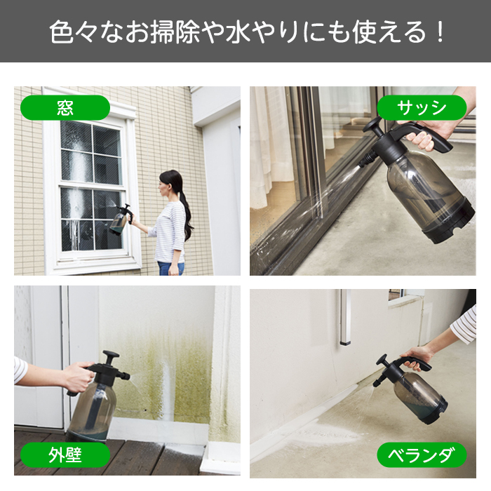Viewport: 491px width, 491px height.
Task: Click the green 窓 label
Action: click(x=65, y=107)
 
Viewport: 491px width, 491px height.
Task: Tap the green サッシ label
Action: click(x=422, y=108)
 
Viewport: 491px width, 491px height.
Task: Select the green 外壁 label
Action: click(x=65, y=456)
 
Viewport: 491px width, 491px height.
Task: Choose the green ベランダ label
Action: click(x=422, y=456)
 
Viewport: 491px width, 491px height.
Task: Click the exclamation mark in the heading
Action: click(x=439, y=32)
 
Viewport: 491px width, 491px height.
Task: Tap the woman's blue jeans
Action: click(x=170, y=267)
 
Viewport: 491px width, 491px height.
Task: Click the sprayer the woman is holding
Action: click(x=119, y=221)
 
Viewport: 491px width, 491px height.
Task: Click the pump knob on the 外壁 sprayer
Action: click(x=110, y=356)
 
